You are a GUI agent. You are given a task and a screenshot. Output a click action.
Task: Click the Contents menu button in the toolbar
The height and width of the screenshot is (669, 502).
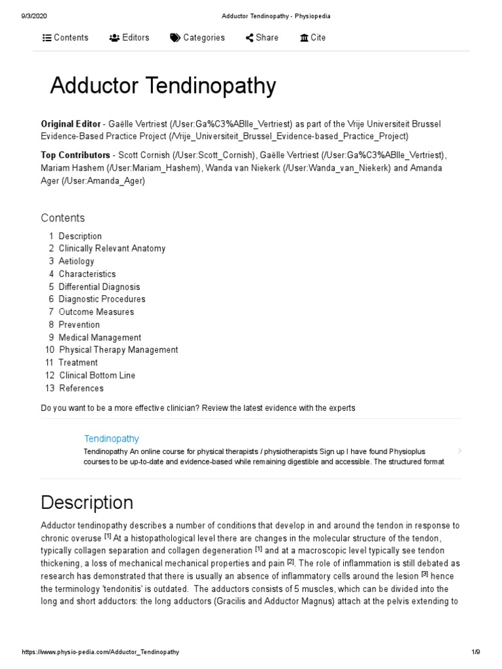[65, 38]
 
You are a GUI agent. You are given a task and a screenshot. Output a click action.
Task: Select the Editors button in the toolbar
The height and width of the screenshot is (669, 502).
[129, 38]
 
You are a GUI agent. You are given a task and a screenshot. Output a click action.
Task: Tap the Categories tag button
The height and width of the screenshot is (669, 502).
[197, 38]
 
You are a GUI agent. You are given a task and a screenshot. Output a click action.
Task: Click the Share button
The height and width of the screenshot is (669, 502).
[261, 38]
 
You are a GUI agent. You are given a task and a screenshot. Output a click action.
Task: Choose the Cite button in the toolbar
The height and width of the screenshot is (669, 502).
[312, 38]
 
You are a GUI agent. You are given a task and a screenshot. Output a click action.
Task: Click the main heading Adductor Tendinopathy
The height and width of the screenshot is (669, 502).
[163, 86]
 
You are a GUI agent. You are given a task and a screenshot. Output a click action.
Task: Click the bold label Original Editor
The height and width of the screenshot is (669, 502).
[71, 124]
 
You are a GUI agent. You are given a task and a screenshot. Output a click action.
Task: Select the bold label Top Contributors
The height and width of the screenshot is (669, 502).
[75, 155]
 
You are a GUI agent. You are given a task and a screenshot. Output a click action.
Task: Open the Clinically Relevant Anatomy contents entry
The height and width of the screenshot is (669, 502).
[112, 248]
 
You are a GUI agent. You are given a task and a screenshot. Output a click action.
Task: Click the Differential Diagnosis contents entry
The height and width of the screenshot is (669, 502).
[99, 287]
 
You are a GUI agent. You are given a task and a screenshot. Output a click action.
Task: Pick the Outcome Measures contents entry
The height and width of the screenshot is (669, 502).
[96, 312]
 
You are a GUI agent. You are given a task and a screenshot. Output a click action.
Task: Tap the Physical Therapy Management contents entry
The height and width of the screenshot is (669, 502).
[118, 350]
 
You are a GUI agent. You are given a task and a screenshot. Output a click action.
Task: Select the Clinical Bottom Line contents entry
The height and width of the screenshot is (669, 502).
[97, 375]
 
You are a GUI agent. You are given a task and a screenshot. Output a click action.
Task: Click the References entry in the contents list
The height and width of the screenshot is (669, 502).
[81, 388]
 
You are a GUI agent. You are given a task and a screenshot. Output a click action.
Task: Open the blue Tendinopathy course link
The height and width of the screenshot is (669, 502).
[111, 438]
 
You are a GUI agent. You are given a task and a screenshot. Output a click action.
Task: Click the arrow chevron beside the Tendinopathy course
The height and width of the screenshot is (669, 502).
[460, 450]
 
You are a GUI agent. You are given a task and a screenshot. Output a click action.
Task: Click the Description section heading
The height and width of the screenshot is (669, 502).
[86, 502]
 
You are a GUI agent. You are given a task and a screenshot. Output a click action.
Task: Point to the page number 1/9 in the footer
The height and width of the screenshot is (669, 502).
[475, 652]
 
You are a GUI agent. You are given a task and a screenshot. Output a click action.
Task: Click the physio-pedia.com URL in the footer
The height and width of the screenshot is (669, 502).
[101, 652]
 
